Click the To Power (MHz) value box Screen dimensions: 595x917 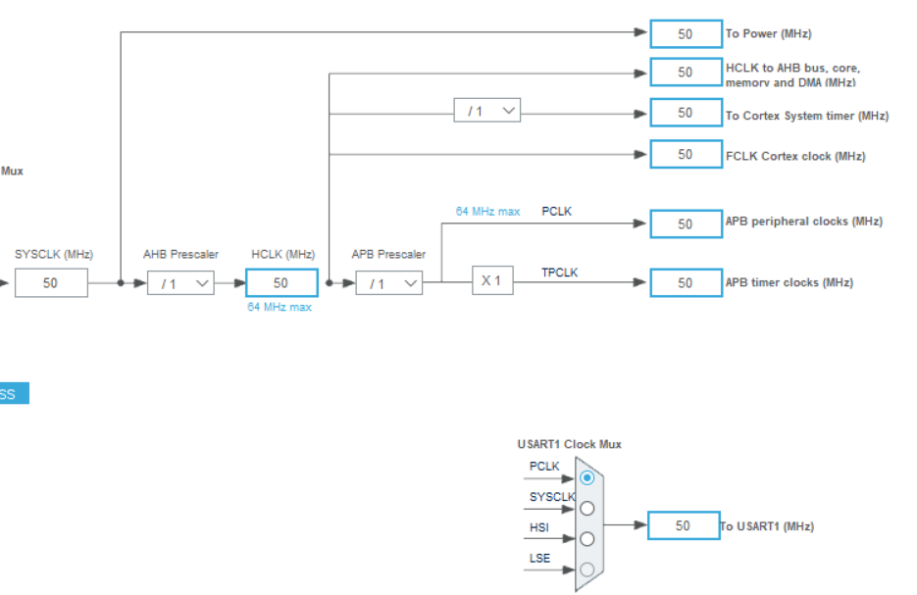point(685,33)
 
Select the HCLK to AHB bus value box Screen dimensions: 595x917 point(685,72)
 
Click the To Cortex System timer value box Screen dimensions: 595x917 point(685,113)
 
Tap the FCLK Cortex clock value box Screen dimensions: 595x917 point(685,154)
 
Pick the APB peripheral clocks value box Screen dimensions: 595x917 point(685,223)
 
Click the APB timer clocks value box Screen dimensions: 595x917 point(685,282)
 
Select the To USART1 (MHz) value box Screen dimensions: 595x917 point(683,525)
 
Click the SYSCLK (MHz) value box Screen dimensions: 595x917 point(51,283)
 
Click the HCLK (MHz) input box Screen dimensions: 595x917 point(281,282)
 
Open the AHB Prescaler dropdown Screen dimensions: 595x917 point(180,283)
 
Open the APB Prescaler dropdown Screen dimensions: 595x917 point(388,283)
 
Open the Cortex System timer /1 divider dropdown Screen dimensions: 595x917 point(486,111)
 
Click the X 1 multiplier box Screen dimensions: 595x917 point(492,280)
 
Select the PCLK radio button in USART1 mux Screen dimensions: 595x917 point(586,477)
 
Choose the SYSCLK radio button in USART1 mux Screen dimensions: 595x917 point(586,508)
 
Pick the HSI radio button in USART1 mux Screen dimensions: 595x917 point(586,538)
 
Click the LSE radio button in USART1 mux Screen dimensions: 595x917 point(586,569)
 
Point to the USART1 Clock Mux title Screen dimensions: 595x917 point(569,444)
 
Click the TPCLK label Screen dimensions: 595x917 point(560,272)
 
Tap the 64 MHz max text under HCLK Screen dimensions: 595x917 point(280,307)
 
